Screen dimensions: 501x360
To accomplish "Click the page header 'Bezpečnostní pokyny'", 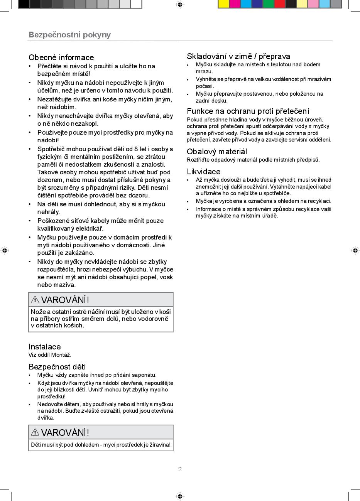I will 70,35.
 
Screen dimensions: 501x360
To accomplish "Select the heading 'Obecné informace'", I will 61,57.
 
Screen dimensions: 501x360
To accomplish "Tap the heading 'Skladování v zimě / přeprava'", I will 238,56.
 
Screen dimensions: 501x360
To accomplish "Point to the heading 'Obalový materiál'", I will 217,152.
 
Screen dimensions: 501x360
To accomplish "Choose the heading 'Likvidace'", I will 204,172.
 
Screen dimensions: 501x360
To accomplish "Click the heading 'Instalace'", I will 45,347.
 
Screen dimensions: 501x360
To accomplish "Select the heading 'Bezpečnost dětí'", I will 57,366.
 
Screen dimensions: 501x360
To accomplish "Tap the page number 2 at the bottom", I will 180,469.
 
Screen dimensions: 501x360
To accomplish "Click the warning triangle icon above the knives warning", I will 35,300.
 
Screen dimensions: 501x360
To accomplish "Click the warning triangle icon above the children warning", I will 35,432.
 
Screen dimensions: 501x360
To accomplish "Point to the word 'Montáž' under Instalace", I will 62,355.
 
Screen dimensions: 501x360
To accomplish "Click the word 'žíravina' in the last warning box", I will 159,445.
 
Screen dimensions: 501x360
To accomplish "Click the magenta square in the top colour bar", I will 235,4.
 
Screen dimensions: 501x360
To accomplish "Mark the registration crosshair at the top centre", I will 180,5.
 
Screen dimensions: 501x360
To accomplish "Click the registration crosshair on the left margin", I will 5,250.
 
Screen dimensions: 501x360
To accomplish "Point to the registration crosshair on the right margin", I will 355,250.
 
